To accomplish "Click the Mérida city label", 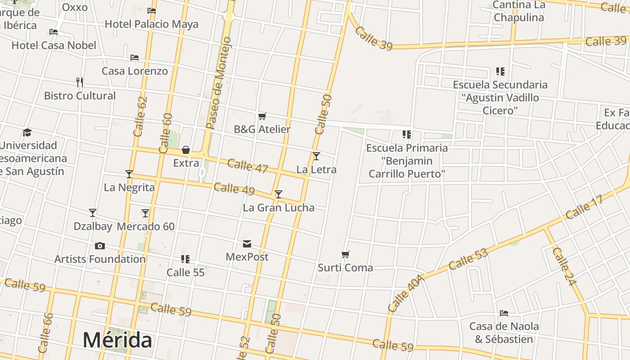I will point(117,340).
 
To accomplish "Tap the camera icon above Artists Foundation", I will point(100,246).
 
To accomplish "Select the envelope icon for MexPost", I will point(247,244).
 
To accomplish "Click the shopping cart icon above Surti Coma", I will point(346,255).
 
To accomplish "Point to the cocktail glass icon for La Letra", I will point(316,156).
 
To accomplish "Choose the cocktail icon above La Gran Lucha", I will point(279,194).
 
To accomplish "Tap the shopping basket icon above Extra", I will point(186,150).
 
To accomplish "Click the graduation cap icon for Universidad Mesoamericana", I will point(27,132).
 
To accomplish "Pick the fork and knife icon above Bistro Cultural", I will point(80,82).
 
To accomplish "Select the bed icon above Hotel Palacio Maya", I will point(152,11).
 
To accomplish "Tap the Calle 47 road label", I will point(247,166).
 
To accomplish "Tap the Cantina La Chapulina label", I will point(519,11).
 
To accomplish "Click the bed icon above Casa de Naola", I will point(504,313).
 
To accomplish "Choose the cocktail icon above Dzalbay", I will point(93,213).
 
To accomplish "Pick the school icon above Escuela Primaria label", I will point(407,135).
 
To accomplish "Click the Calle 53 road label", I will point(468,259).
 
